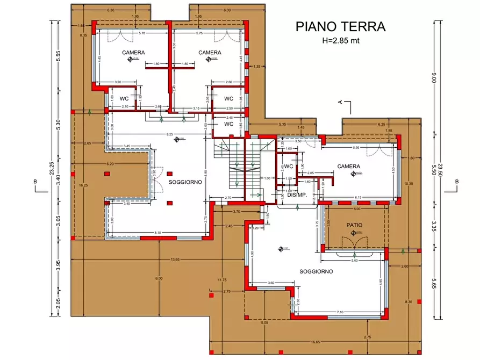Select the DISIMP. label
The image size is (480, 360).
(297, 196)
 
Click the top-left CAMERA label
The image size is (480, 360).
(133, 53)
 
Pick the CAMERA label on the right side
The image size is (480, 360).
(348, 167)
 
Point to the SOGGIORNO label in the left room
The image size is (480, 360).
(185, 182)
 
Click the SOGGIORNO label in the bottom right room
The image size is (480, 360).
(316, 271)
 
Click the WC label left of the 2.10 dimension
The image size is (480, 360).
(124, 99)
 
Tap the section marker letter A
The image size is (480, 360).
(340, 102)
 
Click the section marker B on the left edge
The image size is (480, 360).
(35, 182)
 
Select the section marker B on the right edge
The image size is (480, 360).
(456, 182)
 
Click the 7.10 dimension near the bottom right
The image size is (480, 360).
(340, 312)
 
